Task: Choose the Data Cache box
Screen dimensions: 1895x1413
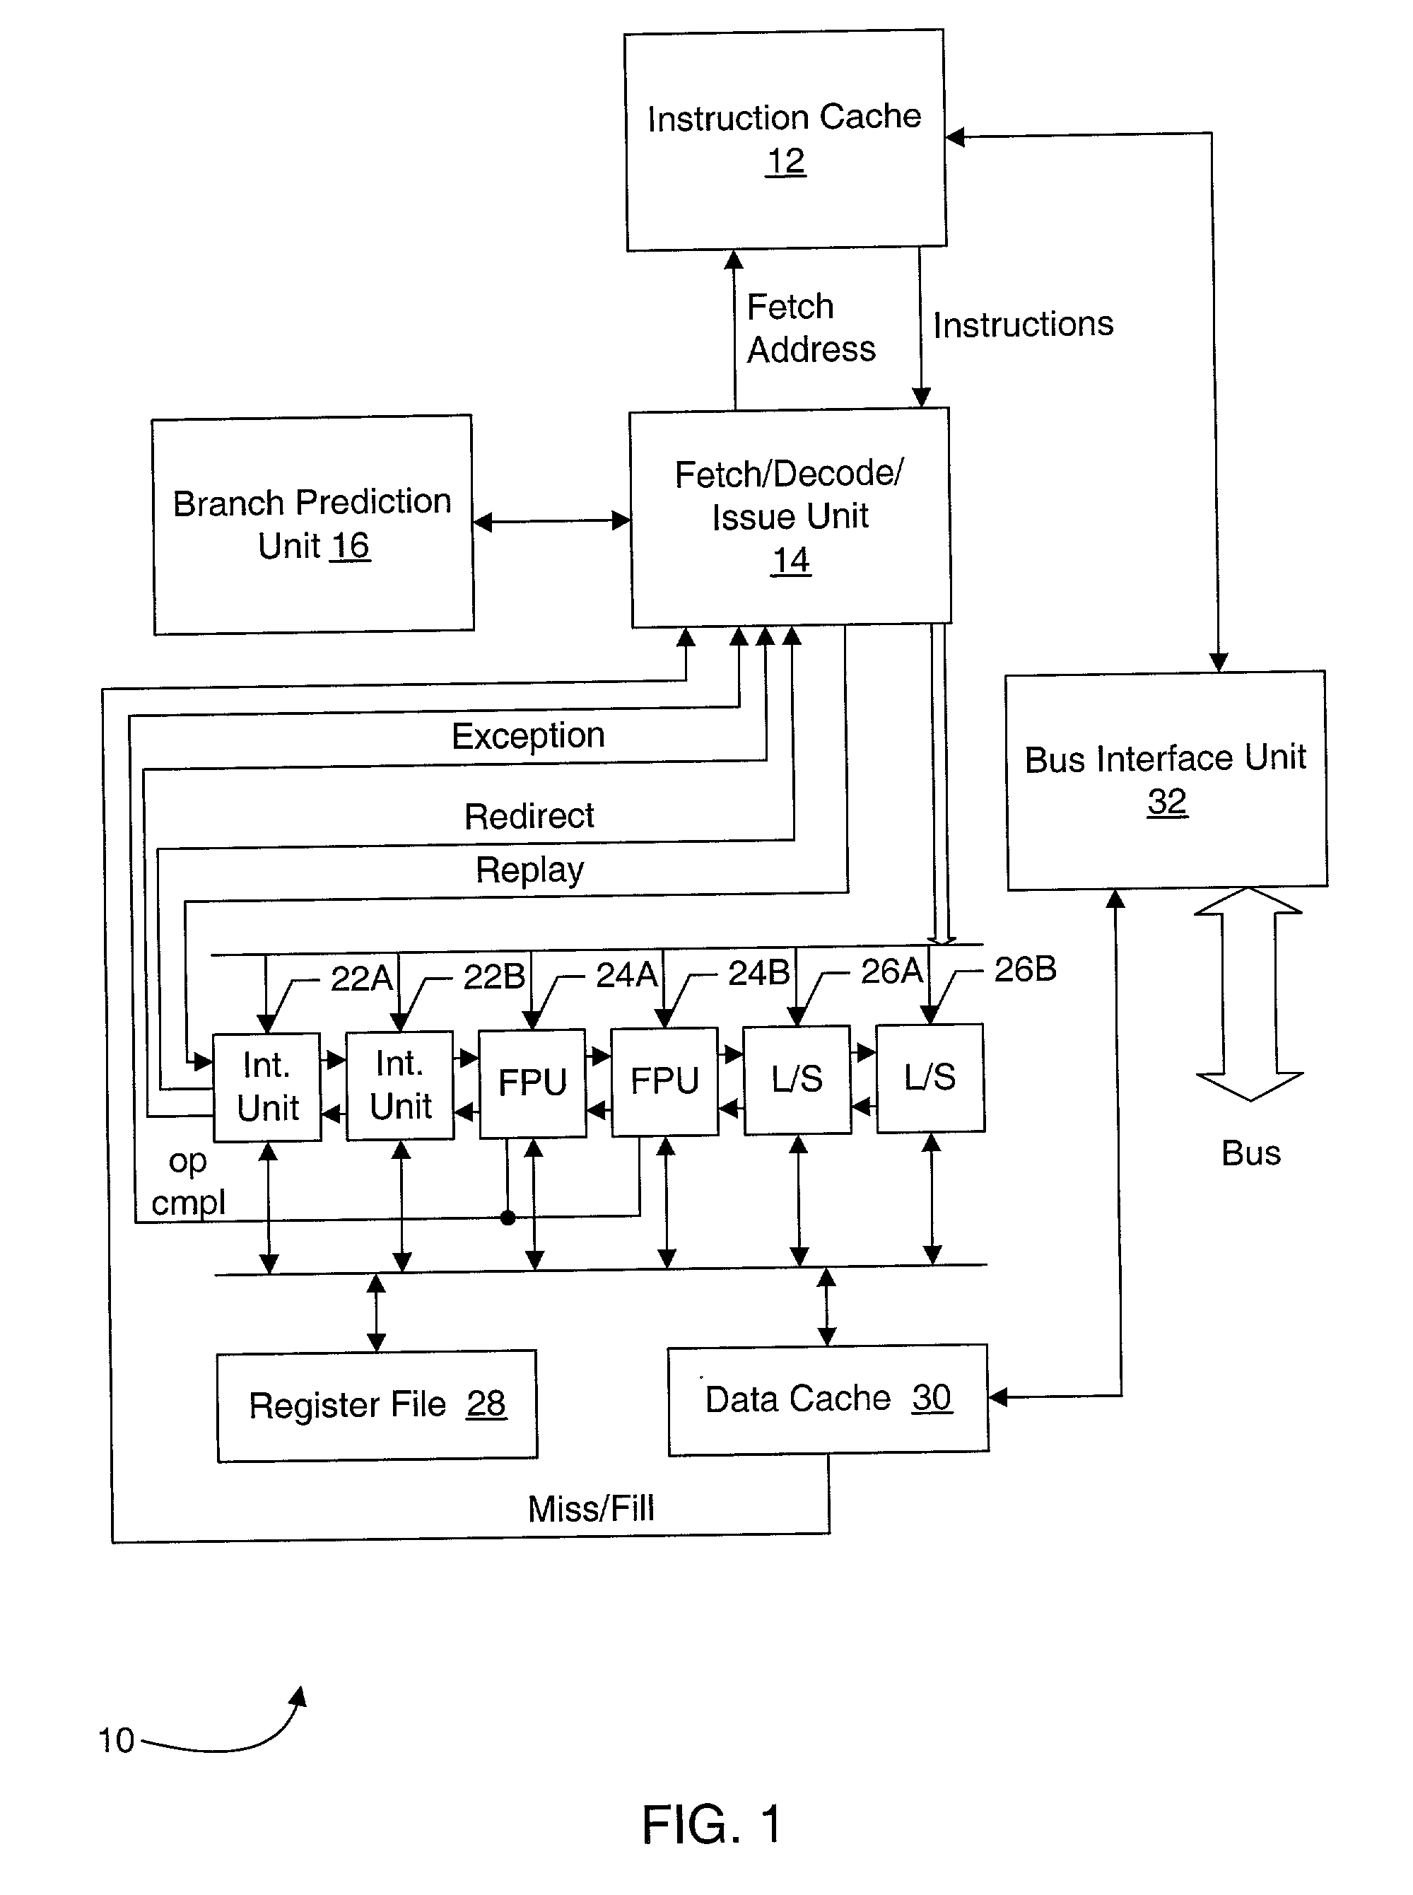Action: pos(828,1399)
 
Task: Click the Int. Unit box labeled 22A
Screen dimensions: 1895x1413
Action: pos(267,1087)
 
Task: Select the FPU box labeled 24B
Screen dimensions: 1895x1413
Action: pos(664,1081)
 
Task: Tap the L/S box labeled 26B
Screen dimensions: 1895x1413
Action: pos(930,1078)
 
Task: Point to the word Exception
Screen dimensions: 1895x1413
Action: pos(528,736)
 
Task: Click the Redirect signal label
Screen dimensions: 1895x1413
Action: pos(529,816)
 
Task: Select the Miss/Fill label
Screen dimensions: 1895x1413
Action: pos(591,1508)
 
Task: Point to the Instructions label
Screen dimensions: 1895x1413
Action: pos(1023,325)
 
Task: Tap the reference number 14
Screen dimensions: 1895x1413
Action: pos(790,561)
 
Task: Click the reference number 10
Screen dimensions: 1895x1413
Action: pos(117,1740)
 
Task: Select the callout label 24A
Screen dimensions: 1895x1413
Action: pos(626,974)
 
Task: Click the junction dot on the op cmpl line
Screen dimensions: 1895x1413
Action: pos(508,1218)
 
